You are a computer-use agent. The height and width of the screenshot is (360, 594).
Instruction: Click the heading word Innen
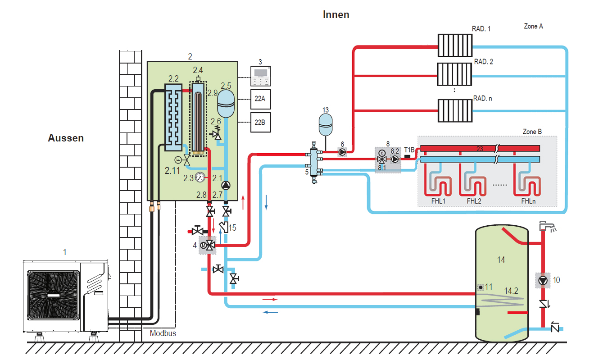click(336, 14)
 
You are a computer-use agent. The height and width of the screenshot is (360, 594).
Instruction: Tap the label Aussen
click(66, 138)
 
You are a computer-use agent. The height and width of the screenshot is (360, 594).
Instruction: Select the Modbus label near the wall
click(163, 333)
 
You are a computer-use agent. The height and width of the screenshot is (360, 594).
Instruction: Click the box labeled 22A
click(260, 100)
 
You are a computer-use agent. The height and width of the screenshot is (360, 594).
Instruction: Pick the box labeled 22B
click(260, 122)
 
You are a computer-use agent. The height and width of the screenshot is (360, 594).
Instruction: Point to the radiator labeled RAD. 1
click(455, 46)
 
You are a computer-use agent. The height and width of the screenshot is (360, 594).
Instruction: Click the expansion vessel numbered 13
click(326, 124)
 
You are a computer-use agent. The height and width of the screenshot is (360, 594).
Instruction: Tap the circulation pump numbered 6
click(342, 153)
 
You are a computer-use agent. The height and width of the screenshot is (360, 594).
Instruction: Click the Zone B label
click(532, 132)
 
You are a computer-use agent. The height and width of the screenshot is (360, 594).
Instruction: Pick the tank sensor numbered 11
click(481, 287)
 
